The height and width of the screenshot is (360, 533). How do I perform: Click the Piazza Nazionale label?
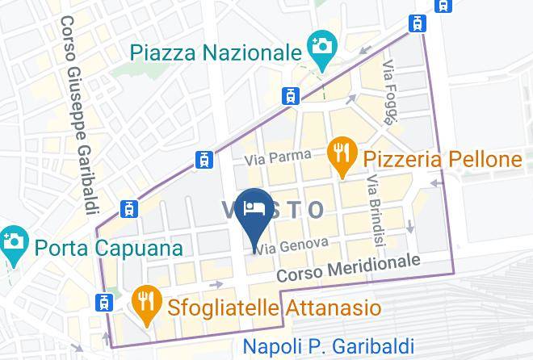(x=216, y=52)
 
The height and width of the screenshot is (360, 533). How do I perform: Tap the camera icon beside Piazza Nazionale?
(x=321, y=46)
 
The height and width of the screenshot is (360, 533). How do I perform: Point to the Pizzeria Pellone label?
(x=442, y=159)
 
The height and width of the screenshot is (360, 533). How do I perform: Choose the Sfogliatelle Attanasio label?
(x=274, y=308)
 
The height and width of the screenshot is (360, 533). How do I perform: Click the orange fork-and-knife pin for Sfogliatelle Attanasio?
(x=146, y=303)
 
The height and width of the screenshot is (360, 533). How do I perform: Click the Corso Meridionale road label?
(x=349, y=269)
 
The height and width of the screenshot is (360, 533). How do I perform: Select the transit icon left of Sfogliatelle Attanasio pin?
(x=103, y=303)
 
